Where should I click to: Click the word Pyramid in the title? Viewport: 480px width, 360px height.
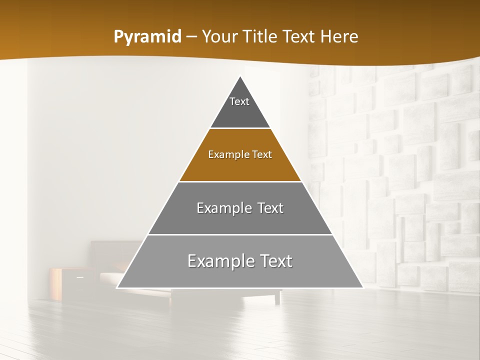coord(147,37)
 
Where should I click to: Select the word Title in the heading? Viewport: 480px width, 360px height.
coord(262,36)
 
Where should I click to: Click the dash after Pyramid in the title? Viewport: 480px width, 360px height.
coord(191,37)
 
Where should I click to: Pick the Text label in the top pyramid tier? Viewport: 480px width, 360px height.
coord(239,101)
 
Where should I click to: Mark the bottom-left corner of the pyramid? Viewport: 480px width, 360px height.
coord(117,288)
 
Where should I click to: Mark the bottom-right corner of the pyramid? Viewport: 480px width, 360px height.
coord(363,288)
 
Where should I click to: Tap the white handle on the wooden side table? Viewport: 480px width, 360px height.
coord(79,276)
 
